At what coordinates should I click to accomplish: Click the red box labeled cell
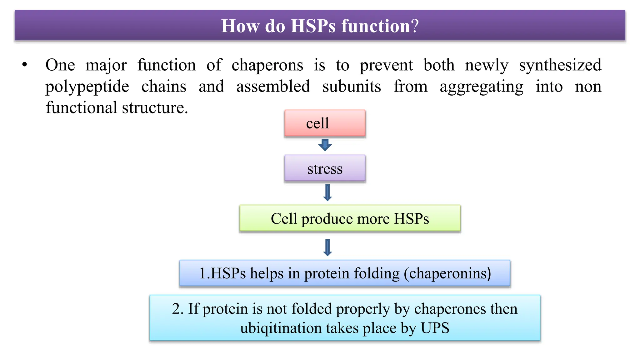pyautogui.click(x=325, y=123)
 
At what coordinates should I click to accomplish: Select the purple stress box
pyautogui.click(x=325, y=168)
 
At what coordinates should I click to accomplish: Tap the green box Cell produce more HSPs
pyautogui.click(x=350, y=218)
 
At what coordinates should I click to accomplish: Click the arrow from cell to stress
pyautogui.click(x=325, y=145)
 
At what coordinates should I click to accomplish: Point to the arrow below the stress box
pyautogui.click(x=327, y=192)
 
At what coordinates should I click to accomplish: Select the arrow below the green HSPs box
pyautogui.click(x=327, y=248)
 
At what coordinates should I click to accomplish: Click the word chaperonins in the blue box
pyautogui.click(x=447, y=273)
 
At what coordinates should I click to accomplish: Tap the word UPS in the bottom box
pyautogui.click(x=435, y=328)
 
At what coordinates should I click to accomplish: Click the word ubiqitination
pyautogui.click(x=281, y=328)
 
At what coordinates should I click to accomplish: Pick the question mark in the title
pyautogui.click(x=415, y=26)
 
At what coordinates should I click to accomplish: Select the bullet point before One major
pyautogui.click(x=25, y=65)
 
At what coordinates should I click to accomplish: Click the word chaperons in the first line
pyautogui.click(x=267, y=65)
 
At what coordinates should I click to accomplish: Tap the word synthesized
pyautogui.click(x=560, y=65)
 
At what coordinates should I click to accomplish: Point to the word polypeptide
pyautogui.click(x=87, y=87)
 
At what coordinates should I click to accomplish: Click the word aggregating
pyautogui.click(x=481, y=87)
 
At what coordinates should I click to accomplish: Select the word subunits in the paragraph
pyautogui.click(x=352, y=87)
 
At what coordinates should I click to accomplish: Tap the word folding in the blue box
pyautogui.click(x=377, y=273)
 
